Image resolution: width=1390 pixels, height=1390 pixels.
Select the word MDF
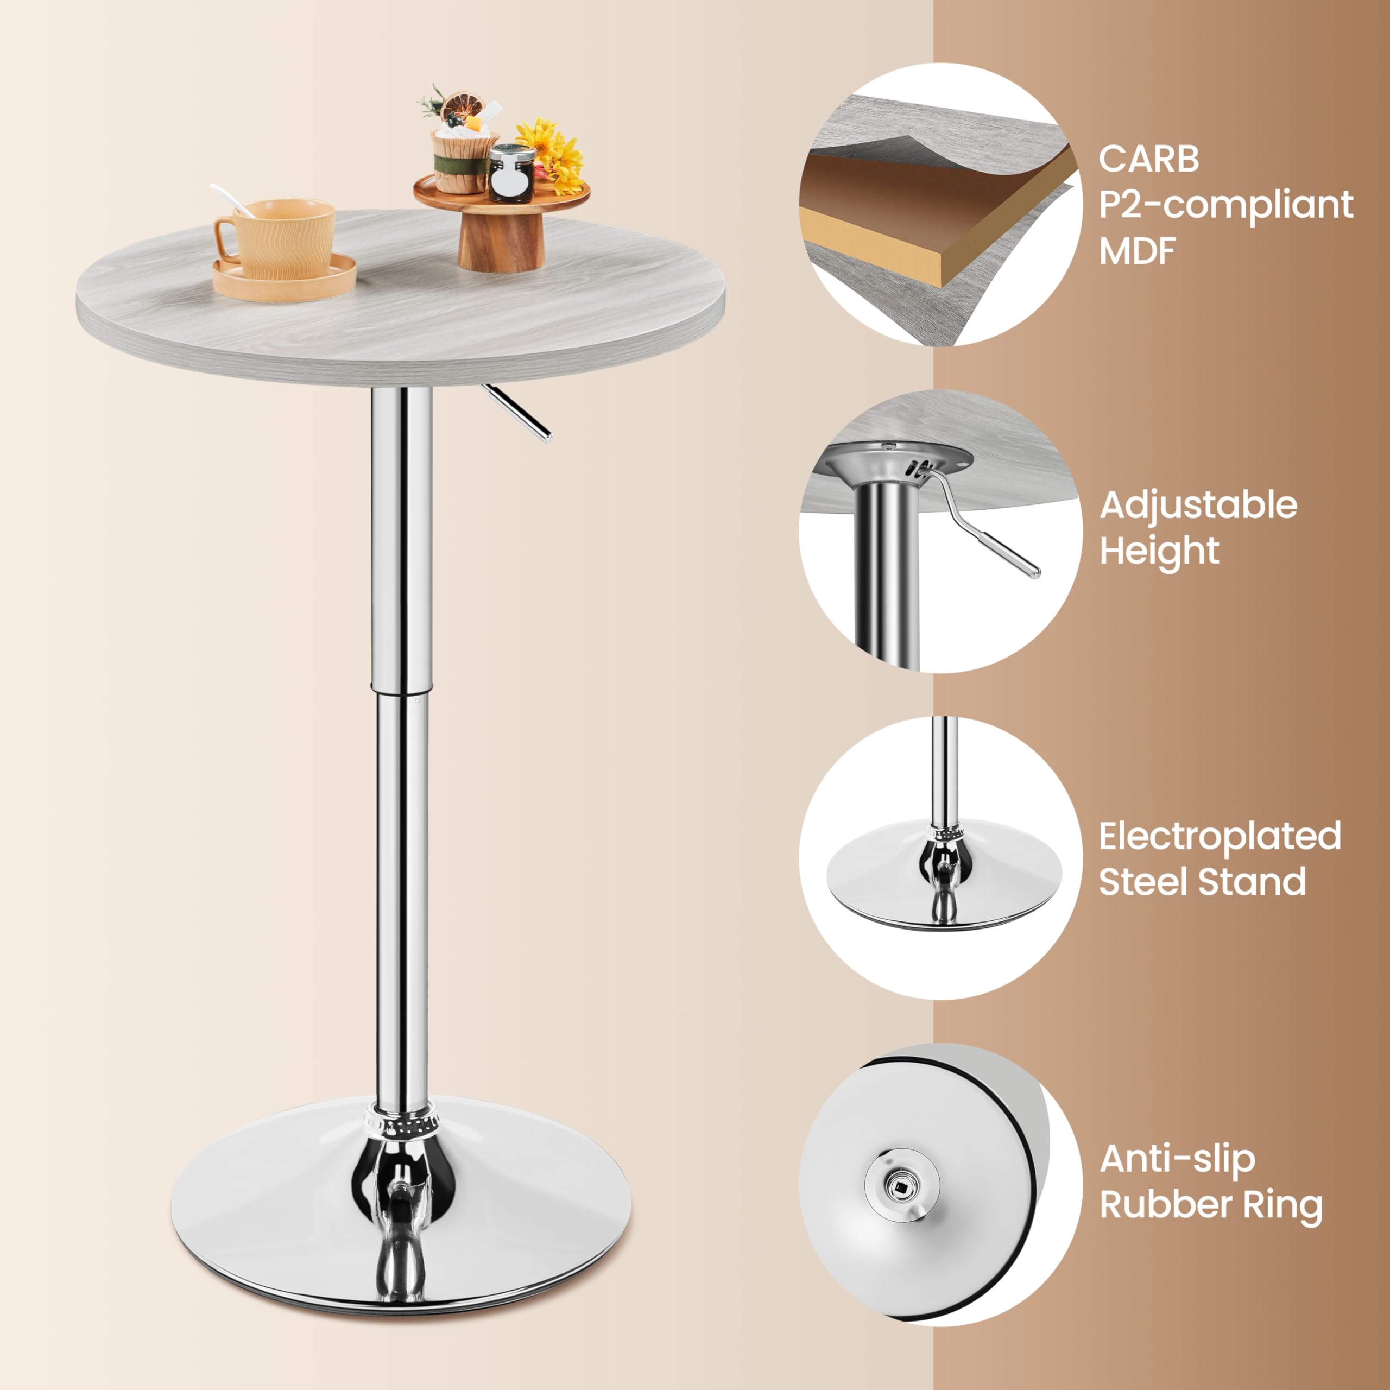1137,251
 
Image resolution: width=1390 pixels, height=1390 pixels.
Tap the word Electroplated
1220,836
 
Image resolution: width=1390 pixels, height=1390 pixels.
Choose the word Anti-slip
1177,1160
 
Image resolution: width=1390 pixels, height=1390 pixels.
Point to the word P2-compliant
1225,206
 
